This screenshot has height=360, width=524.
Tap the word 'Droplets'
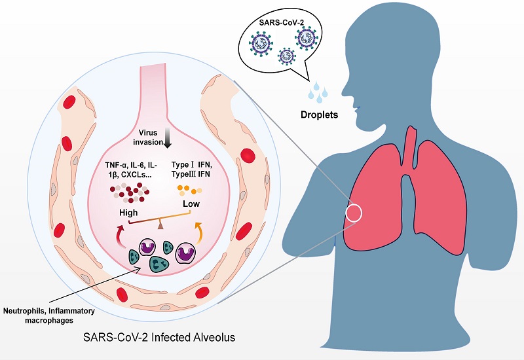(x=319, y=115)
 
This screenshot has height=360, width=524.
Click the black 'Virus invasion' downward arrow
(x=168, y=139)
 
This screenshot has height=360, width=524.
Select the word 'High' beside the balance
(x=128, y=213)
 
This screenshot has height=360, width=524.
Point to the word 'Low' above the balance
(x=191, y=204)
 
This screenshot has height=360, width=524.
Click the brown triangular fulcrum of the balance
(x=160, y=226)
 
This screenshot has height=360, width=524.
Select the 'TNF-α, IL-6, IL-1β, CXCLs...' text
(x=131, y=170)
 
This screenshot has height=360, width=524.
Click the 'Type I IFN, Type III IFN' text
(x=191, y=170)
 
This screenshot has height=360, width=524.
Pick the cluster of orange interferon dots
(x=189, y=190)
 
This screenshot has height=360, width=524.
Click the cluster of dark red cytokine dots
(x=130, y=192)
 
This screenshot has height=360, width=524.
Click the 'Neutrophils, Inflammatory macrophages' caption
(x=48, y=315)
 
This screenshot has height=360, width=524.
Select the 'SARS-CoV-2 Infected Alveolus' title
(x=159, y=337)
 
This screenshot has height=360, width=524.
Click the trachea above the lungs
(x=411, y=147)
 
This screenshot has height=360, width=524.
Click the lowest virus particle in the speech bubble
(x=286, y=56)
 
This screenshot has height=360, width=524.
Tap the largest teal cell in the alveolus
(x=158, y=264)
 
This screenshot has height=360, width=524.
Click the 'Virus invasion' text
(x=148, y=137)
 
